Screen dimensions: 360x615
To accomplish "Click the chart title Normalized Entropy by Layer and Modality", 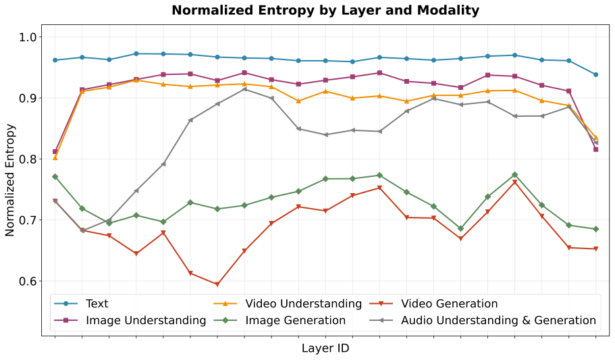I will coord(325,10).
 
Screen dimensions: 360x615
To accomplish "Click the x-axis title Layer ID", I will coord(325,349).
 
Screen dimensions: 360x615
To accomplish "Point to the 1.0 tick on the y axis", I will coord(32,37).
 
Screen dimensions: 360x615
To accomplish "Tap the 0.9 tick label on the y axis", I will coord(32,98).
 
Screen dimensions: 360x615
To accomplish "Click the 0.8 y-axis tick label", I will coord(32,159).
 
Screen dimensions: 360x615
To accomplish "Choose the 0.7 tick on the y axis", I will coord(32,220).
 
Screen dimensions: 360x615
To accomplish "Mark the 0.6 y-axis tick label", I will coord(32,282).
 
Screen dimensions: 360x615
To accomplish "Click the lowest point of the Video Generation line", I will coord(217,284).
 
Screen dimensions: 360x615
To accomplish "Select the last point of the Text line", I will coord(596,74).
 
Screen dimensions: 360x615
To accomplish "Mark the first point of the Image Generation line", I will coord(55,176).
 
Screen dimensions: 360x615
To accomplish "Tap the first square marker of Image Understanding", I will coord(55,152).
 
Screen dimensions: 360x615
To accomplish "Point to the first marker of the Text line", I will coord(55,60).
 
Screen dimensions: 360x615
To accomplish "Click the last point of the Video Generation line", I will coord(596,249).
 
